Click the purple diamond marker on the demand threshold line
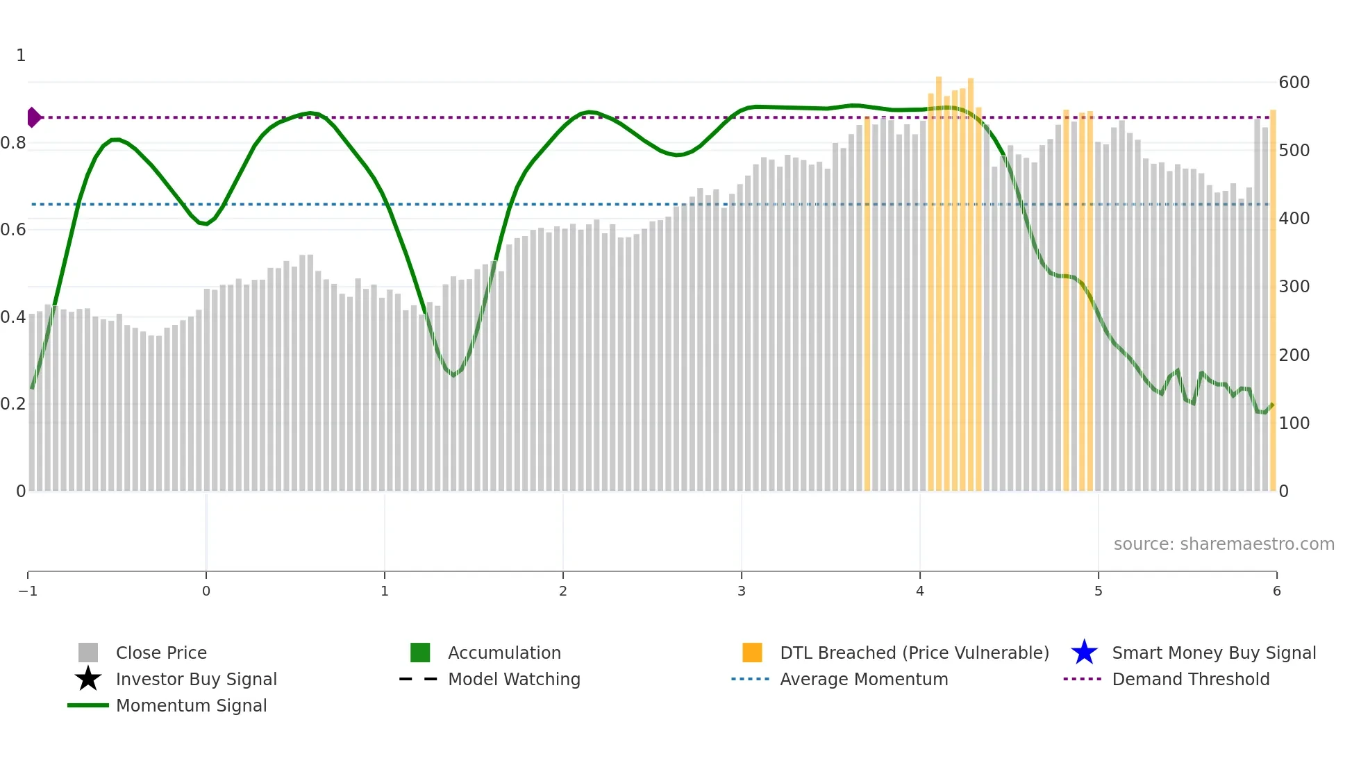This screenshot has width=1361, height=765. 33,117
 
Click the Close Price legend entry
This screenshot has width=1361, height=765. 160,653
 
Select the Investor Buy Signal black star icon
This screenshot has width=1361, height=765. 88,679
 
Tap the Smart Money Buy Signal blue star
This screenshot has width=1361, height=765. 1084,653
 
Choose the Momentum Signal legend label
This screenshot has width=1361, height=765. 191,705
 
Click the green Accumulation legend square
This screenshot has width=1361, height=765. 420,653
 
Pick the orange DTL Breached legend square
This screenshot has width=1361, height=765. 752,653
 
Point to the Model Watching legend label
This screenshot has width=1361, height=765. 514,679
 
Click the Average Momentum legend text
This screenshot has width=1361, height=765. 864,679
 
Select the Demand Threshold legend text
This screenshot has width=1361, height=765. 1190,679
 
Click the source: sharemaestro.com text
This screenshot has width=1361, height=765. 1224,544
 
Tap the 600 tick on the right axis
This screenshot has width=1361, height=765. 1294,83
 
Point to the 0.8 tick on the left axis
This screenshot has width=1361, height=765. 13,143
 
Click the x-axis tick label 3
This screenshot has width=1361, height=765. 742,591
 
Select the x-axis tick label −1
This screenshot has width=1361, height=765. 28,591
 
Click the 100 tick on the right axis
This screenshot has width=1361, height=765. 1294,423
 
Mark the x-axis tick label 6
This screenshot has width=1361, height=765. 1276,591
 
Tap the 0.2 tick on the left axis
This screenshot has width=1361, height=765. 13,403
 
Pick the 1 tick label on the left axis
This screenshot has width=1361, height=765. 21,56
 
